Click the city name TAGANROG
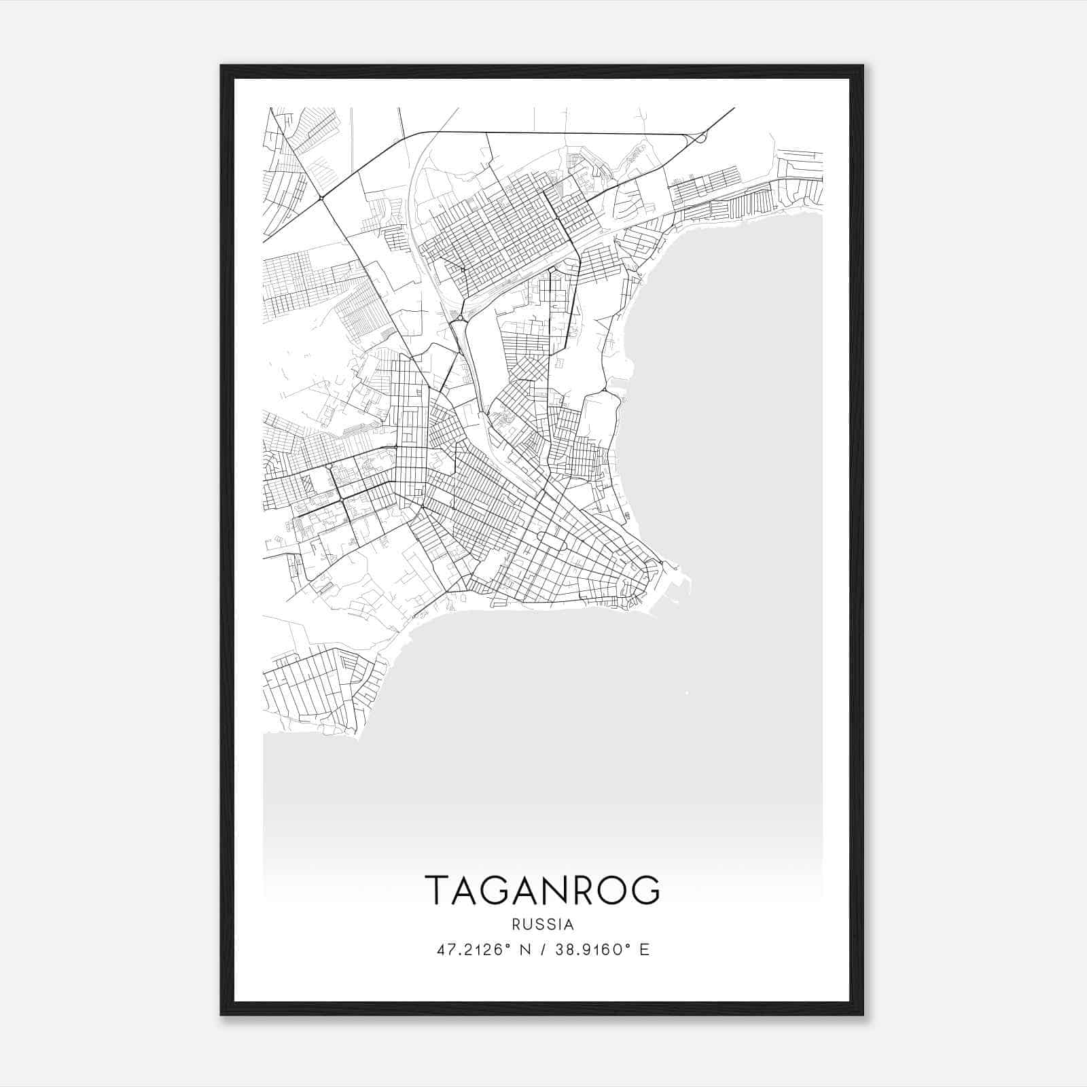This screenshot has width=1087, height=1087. pyautogui.click(x=542, y=890)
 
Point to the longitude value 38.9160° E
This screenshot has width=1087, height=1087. pyautogui.click(x=602, y=950)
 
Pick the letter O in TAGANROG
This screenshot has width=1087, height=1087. pyautogui.click(x=613, y=890)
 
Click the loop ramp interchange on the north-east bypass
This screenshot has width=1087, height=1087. pyautogui.click(x=700, y=138)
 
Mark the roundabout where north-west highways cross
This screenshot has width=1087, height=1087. pyautogui.click(x=321, y=198)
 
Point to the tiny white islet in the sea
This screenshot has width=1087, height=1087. pyautogui.click(x=687, y=694)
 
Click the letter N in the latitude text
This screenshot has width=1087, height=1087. pyautogui.click(x=524, y=950)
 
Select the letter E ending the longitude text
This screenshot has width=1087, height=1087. pyautogui.click(x=644, y=950)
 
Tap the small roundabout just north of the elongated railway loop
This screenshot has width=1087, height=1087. pyautogui.click(x=461, y=318)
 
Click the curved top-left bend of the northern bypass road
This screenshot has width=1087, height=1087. pyautogui.click(x=416, y=134)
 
